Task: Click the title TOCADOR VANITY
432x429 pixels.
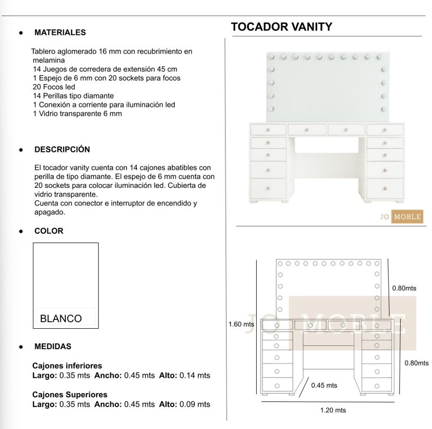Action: pyautogui.click(x=281, y=27)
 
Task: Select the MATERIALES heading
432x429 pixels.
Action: pyautogui.click(x=60, y=32)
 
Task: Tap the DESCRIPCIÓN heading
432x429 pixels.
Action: pyautogui.click(x=62, y=149)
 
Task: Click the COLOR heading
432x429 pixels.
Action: pyautogui.click(x=49, y=231)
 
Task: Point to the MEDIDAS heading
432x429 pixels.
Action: pyautogui.click(x=53, y=347)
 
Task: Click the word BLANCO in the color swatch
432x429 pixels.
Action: pyautogui.click(x=61, y=318)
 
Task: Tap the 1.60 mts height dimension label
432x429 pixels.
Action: pyautogui.click(x=242, y=324)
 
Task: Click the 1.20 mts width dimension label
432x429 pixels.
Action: pyautogui.click(x=333, y=410)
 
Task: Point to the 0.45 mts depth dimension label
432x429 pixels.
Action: pyautogui.click(x=324, y=385)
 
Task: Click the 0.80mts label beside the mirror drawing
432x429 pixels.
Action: pyautogui.click(x=404, y=288)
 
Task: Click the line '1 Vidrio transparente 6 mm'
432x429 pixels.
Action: pyautogui.click(x=77, y=113)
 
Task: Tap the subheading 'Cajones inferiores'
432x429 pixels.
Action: pyautogui.click(x=67, y=366)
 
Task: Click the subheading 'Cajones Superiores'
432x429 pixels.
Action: pyautogui.click(x=70, y=395)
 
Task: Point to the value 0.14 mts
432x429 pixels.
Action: pyautogui.click(x=195, y=375)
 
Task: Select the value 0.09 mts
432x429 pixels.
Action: pyautogui.click(x=195, y=404)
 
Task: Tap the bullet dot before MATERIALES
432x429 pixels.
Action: pyautogui.click(x=20, y=32)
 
